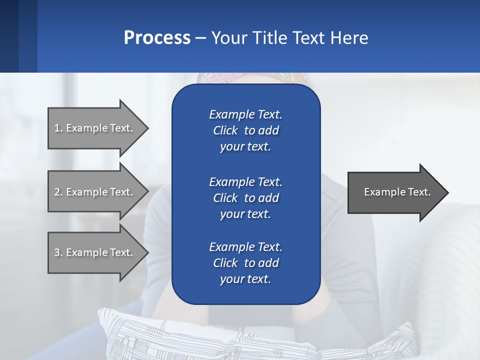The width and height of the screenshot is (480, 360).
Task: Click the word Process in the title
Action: (157, 38)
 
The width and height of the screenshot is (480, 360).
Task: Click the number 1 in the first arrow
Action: (57, 128)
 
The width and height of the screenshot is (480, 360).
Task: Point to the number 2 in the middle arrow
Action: (57, 192)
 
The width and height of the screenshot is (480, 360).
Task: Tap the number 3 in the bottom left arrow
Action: (57, 252)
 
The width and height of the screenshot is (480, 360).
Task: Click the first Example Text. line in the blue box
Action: (245, 114)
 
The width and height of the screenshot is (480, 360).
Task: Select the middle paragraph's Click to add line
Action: (245, 198)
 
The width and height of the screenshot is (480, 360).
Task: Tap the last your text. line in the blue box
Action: (245, 279)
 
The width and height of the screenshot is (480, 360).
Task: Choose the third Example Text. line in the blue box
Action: (245, 247)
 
